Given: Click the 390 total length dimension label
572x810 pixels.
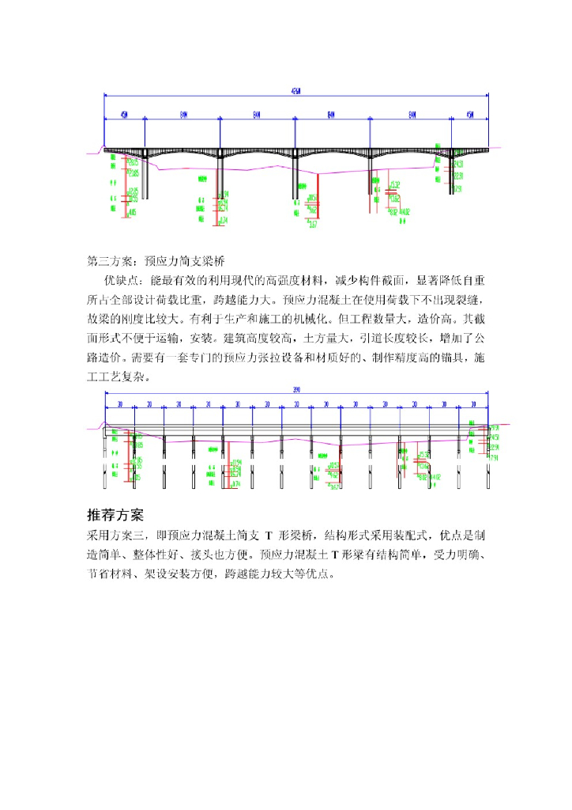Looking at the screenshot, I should pos(295,390).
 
